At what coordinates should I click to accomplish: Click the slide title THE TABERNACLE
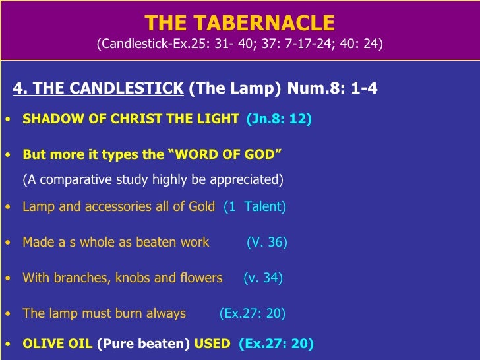[x=239, y=23]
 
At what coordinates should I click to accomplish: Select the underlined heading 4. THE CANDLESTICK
[x=98, y=88]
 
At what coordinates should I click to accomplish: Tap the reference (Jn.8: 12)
[x=279, y=119]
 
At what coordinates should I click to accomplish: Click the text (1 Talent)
[x=255, y=207]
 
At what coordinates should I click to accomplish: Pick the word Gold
[x=202, y=207]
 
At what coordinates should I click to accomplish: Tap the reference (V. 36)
[x=266, y=243]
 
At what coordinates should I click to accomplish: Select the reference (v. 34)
[x=262, y=278]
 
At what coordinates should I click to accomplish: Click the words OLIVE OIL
[x=57, y=344]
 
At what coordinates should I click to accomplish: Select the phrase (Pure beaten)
[x=143, y=344]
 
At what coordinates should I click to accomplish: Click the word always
[x=165, y=314]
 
